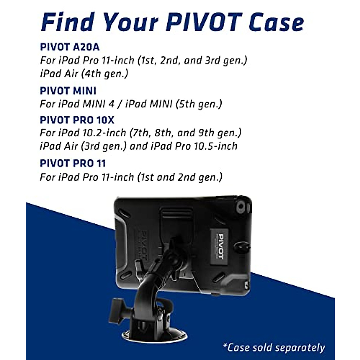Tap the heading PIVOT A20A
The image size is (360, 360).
click(70, 47)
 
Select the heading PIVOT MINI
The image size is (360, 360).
click(68, 91)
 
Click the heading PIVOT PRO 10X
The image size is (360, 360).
click(77, 120)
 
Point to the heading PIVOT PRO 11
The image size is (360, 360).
click(73, 163)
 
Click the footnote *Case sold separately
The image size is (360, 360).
click(274, 347)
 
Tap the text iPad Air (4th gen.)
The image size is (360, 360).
click(84, 73)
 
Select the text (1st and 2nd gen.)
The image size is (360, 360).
click(179, 177)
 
